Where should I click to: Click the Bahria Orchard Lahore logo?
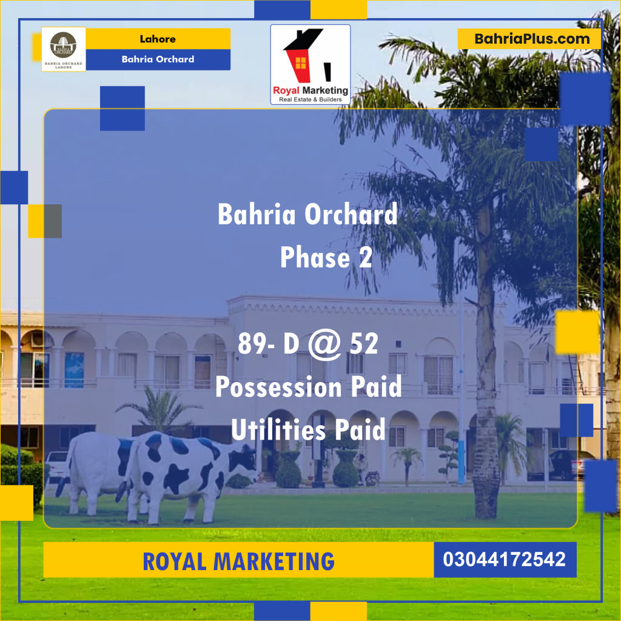click(x=64, y=49)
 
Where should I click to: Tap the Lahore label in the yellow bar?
click(x=158, y=39)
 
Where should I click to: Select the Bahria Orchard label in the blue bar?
click(x=158, y=59)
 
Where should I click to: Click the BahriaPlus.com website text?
click(x=532, y=39)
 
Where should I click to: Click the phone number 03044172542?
click(x=505, y=559)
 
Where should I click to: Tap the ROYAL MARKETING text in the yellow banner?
click(x=238, y=561)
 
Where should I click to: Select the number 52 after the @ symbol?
click(x=364, y=344)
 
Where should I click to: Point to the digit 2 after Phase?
click(x=365, y=258)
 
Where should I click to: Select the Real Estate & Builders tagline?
click(x=310, y=99)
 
